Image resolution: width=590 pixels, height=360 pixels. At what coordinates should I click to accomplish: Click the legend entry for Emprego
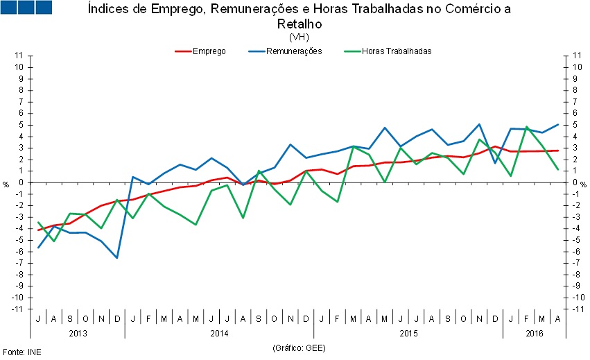(x=209, y=51)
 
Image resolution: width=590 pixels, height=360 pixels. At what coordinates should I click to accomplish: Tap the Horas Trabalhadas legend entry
(x=397, y=51)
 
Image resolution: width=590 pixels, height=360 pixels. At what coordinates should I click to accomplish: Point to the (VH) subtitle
(x=299, y=37)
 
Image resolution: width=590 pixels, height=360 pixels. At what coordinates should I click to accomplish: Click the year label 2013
(x=77, y=333)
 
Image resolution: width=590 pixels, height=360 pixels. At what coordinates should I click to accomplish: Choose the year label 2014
(x=219, y=333)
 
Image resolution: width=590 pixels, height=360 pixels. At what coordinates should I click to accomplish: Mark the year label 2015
(x=408, y=333)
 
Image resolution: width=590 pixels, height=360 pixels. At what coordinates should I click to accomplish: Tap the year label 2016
(x=534, y=333)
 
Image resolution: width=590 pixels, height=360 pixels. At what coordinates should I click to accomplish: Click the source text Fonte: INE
(x=21, y=352)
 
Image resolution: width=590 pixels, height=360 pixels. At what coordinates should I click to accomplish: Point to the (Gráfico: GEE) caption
(x=299, y=347)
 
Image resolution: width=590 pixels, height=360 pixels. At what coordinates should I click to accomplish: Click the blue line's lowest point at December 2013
(x=117, y=258)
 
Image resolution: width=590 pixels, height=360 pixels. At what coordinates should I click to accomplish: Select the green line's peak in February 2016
(x=527, y=127)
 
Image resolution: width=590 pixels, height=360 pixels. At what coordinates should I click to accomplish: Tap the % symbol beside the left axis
(x=6, y=184)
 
